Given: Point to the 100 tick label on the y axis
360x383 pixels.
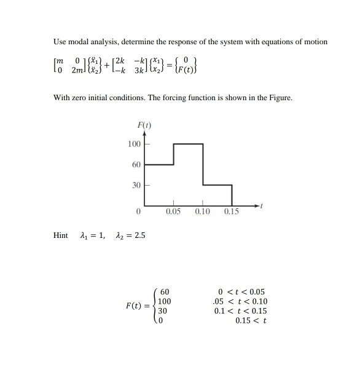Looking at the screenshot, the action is [x=134, y=144].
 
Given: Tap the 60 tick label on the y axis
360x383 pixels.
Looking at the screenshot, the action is [x=136, y=165].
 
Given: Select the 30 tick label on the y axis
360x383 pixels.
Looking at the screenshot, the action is [x=136, y=185].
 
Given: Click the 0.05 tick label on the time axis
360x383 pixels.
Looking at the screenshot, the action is [x=173, y=211].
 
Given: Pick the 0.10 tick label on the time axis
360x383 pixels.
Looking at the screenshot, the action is [x=202, y=211].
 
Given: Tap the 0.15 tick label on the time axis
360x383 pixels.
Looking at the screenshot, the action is [x=231, y=211].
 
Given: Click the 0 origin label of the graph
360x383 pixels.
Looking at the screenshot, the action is [x=139, y=211].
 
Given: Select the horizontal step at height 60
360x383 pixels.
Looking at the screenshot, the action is [x=159, y=165].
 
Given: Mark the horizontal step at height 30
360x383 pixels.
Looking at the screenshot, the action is [x=217, y=184].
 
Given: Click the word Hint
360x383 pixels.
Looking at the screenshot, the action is [x=60, y=235].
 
